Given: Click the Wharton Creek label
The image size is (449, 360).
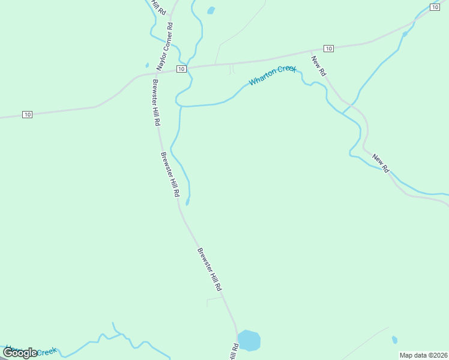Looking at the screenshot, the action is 273,75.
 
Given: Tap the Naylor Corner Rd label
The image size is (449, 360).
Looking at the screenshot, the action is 165,46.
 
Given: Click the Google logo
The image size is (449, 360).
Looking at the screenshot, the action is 19,353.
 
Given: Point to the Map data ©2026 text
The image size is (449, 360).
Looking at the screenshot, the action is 423,355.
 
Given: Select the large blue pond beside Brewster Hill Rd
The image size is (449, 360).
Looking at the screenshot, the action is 249,340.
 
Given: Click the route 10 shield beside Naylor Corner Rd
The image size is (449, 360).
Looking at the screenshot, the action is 181,69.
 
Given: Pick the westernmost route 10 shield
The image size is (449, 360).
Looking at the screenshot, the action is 27,114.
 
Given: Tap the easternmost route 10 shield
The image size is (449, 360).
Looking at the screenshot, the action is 435,7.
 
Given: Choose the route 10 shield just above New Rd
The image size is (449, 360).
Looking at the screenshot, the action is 328,48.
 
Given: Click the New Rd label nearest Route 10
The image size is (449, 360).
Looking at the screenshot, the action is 319,65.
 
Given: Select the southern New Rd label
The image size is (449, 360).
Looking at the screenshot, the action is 381,164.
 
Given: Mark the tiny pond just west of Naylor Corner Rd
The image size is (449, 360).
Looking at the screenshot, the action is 147,65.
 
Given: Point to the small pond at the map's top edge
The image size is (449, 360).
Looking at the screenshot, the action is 211,10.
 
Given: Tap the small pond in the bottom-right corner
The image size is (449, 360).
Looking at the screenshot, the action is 394,340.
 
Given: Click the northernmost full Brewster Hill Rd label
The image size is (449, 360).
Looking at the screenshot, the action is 156,102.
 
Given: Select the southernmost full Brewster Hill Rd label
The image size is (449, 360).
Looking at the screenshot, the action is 209,269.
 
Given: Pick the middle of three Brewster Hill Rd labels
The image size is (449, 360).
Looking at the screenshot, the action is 170,175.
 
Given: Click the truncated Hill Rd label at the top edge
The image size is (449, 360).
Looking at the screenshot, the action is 158,7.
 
